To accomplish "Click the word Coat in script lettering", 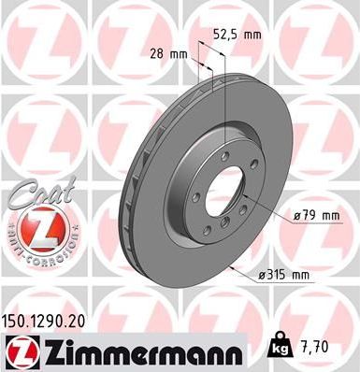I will pyautogui.click(x=32, y=197).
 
